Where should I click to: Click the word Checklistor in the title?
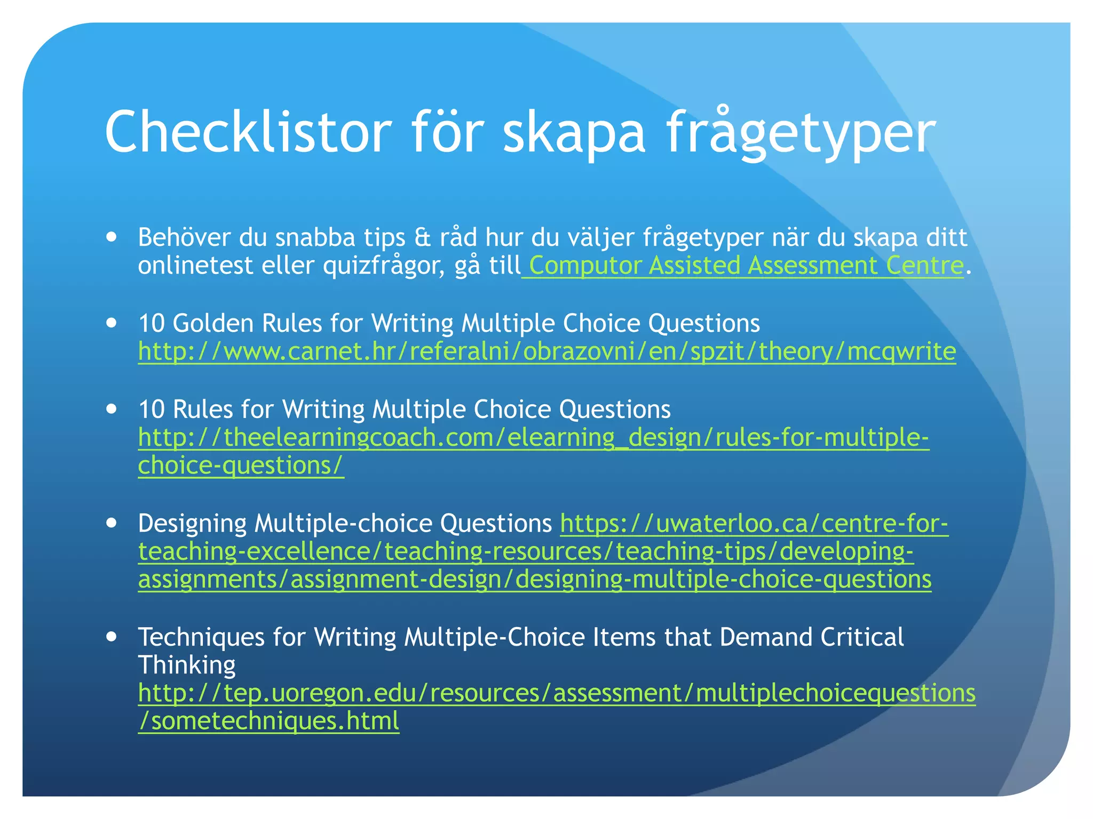[248, 132]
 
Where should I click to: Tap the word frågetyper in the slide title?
[801, 133]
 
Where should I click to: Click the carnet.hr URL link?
[547, 351]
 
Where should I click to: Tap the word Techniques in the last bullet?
[202, 637]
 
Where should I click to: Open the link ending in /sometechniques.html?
[268, 721]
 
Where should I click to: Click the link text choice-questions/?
[241, 465]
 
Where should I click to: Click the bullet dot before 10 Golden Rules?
[111, 323]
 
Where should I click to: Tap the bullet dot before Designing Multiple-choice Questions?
[111, 523]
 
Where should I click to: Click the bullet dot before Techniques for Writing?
[111, 637]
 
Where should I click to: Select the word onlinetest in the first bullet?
[195, 266]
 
